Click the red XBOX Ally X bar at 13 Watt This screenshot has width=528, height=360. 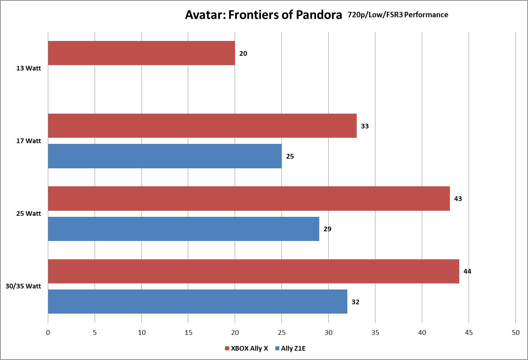coord(141,53)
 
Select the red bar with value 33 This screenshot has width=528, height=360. coord(202,126)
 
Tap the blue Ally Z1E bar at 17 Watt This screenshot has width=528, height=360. coord(164,156)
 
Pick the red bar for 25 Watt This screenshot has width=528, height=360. coord(249,199)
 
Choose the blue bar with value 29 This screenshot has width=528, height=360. coord(183,229)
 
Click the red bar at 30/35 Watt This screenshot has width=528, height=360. coord(253,271)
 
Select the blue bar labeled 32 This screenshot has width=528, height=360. coord(197,301)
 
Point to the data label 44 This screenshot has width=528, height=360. coord(467,272)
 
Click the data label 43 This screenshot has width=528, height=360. coord(458,199)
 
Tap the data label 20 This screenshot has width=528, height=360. coord(243,54)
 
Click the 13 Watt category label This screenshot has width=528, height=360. coord(28,68)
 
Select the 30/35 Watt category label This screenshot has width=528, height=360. coord(23,286)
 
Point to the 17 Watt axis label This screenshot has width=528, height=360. coord(28,141)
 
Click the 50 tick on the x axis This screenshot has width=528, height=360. coord(515,333)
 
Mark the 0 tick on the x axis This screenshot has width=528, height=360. coord(48,333)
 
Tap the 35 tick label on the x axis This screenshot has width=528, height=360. coord(375,333)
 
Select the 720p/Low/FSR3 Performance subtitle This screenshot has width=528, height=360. coord(398,15)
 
